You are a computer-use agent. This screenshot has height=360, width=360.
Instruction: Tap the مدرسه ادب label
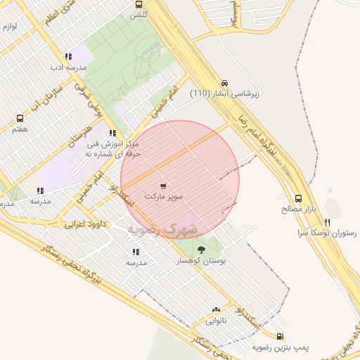tap(68, 67)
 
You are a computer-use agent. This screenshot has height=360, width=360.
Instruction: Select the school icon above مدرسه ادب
tap(68, 57)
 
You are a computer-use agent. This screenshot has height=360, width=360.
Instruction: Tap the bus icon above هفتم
tap(20, 118)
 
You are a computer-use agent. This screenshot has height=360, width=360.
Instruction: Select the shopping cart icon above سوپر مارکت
tap(163, 186)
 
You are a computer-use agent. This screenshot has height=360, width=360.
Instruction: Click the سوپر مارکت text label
tap(163, 197)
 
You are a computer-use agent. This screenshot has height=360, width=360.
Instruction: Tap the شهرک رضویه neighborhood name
tap(163, 230)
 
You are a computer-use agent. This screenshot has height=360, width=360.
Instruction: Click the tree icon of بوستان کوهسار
tap(202, 250)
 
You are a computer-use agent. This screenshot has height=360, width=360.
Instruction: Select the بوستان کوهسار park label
tap(202, 260)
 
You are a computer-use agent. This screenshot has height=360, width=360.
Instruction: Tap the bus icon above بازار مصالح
tap(299, 199)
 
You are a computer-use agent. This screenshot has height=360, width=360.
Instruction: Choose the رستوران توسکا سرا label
tap(328, 232)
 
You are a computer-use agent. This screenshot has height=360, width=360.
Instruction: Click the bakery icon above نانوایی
tap(216, 310)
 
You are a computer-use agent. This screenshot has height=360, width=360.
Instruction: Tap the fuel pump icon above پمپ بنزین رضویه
tap(281, 337)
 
